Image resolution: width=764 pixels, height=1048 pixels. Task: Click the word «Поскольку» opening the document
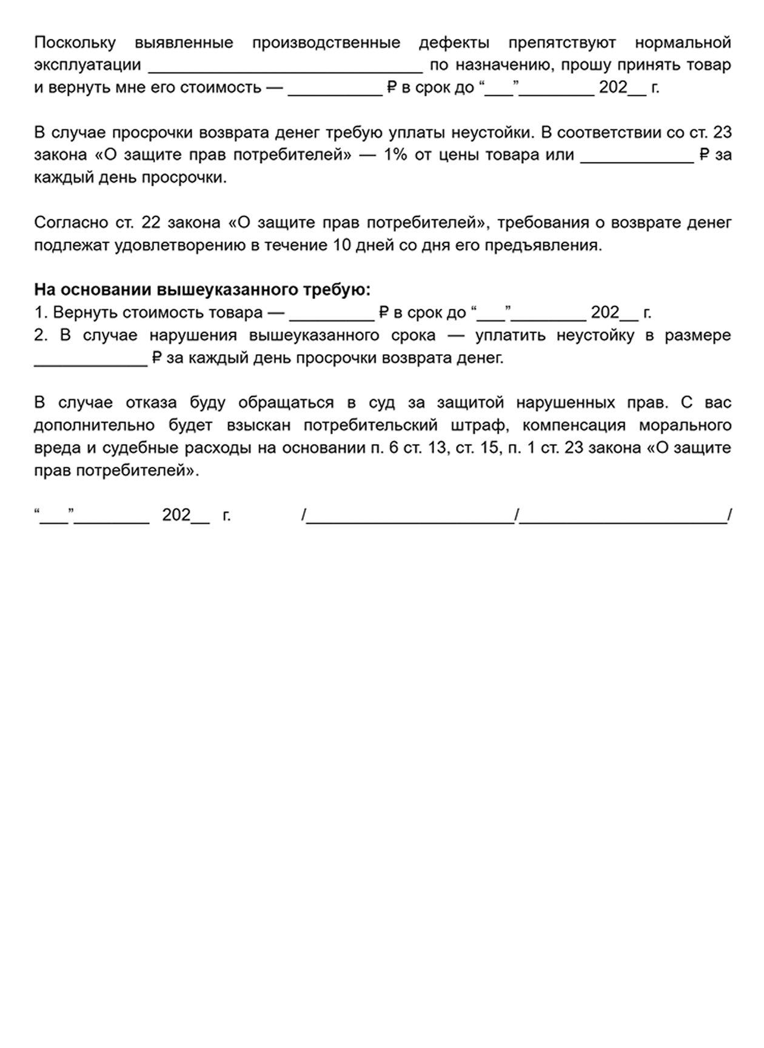[75, 43]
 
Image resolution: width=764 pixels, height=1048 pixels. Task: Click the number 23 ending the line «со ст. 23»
[722, 133]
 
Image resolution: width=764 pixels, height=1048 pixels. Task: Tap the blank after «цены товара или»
[637, 156]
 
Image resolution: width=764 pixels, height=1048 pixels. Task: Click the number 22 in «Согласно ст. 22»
[150, 223]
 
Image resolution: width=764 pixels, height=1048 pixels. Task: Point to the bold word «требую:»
[341, 290]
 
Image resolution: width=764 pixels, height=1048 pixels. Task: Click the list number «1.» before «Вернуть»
[41, 313]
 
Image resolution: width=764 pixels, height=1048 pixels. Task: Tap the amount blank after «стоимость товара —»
[332, 315]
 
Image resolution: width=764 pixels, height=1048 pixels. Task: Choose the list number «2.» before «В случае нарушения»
[41, 335]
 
